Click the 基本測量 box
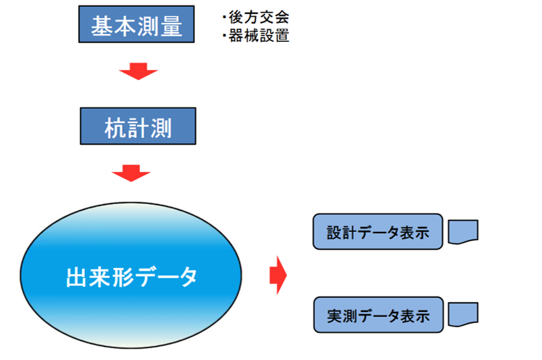pyautogui.click(x=136, y=25)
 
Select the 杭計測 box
pyautogui.click(x=137, y=126)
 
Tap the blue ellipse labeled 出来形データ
pyautogui.click(x=131, y=277)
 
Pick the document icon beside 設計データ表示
pyautogui.click(x=463, y=232)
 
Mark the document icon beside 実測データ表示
pyautogui.click(x=463, y=315)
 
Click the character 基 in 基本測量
pyautogui.click(x=102, y=25)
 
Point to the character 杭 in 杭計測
pyautogui.click(x=114, y=127)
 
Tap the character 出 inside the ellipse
pyautogui.click(x=75, y=277)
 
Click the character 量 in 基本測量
pyautogui.click(x=170, y=25)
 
